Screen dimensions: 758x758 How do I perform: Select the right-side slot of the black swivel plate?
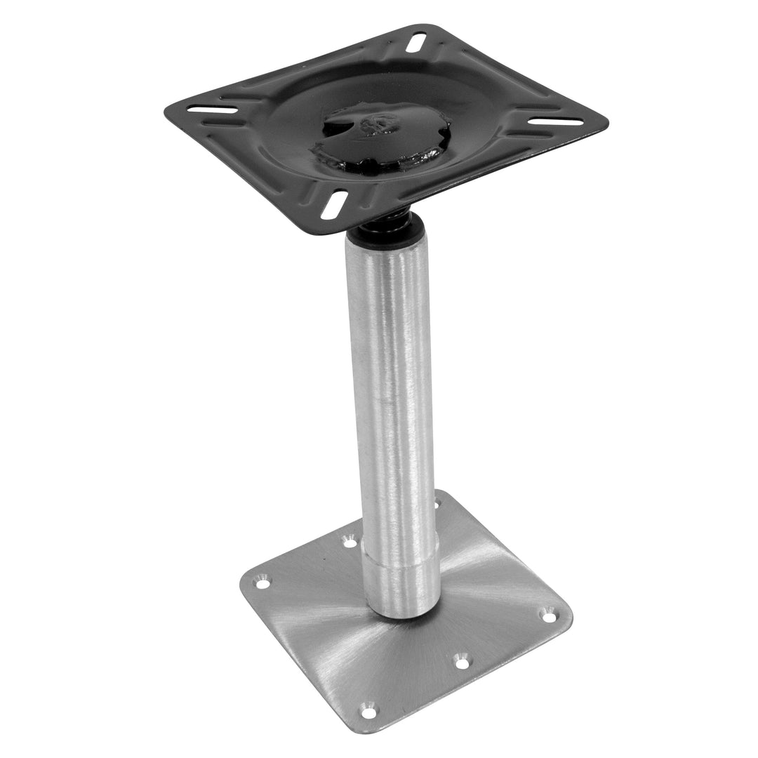(556, 121)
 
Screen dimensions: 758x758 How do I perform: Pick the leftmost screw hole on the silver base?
(262, 583)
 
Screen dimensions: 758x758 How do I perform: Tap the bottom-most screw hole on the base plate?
(368, 712)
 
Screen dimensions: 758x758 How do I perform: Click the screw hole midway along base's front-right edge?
(460, 660)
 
